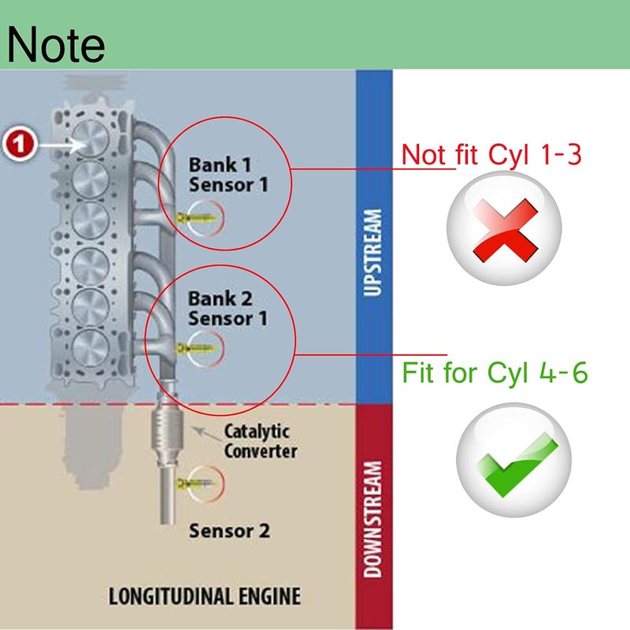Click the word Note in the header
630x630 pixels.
pyautogui.click(x=56, y=44)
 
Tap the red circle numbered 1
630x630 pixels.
pyautogui.click(x=20, y=143)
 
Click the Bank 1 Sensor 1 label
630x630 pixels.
pyautogui.click(x=228, y=175)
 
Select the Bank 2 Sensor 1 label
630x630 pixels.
pyautogui.click(x=228, y=308)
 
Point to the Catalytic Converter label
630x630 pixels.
pyautogui.click(x=261, y=441)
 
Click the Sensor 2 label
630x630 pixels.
pyautogui.click(x=229, y=531)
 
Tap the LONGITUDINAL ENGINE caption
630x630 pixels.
pyautogui.click(x=205, y=596)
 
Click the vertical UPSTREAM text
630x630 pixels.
pyautogui.click(x=372, y=253)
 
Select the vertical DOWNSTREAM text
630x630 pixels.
pyautogui.click(x=372, y=519)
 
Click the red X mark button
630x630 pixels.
pyautogui.click(x=504, y=228)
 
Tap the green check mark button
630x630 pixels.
pyautogui.click(x=514, y=460)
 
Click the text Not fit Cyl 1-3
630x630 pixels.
pyautogui.click(x=491, y=154)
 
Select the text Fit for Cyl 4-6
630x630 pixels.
pyautogui.click(x=495, y=372)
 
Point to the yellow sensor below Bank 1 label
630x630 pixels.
pyautogui.click(x=197, y=219)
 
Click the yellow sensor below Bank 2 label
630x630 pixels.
pyautogui.click(x=196, y=348)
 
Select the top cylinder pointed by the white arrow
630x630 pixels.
pyautogui.click(x=91, y=139)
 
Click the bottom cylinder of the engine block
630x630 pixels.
pyautogui.click(x=91, y=348)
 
